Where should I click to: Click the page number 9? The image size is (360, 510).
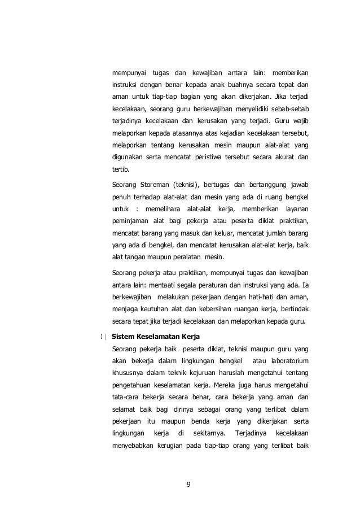pyautogui.click(x=189, y=483)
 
